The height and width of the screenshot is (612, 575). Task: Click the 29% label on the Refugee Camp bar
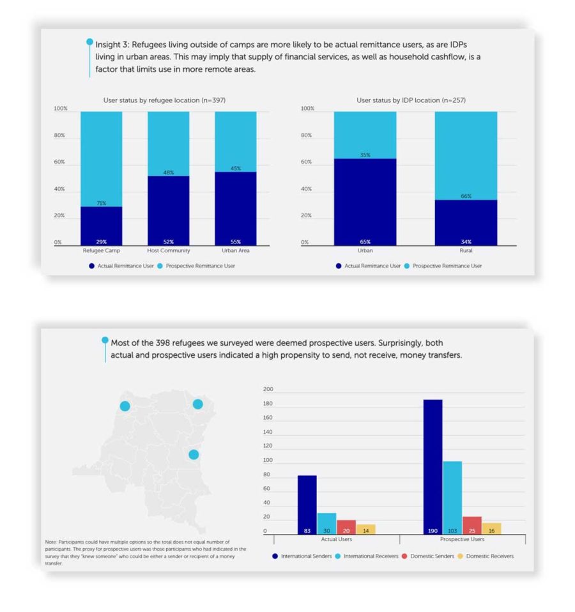coord(101,242)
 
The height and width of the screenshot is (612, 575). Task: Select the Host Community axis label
coord(168,250)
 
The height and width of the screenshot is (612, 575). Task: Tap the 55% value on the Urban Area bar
coord(235,242)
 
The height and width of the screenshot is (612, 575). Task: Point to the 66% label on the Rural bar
coord(466,196)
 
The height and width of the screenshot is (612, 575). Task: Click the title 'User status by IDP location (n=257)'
coord(398,100)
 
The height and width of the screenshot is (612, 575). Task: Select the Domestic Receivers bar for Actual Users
coord(365,528)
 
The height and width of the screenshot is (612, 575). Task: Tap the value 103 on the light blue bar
coord(452,531)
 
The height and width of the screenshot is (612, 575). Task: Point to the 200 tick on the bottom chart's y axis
coord(268,389)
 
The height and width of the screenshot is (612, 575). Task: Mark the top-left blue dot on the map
coord(125,406)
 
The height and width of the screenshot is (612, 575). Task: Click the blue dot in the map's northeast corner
coord(198,404)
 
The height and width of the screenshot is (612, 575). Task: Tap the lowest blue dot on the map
coord(194,454)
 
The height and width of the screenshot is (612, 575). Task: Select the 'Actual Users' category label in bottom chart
coord(337,540)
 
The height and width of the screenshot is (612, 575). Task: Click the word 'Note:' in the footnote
coord(51,542)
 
